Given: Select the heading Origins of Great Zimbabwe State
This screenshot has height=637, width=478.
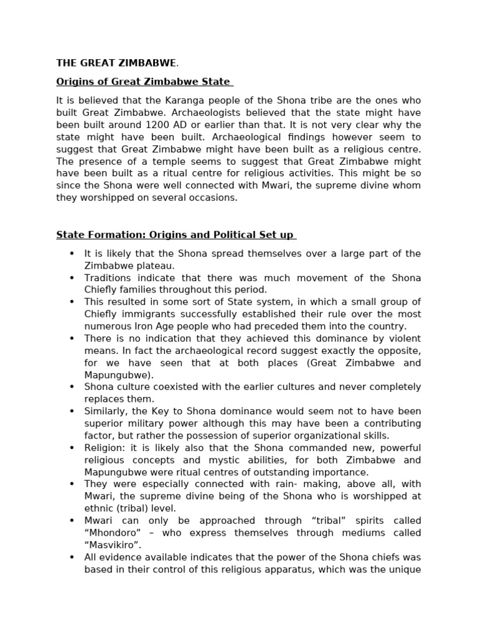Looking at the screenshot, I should [144, 81].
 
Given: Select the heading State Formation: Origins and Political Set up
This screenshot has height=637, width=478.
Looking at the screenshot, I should [176, 235].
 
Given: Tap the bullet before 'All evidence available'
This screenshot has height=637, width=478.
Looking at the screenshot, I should [72, 557].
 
